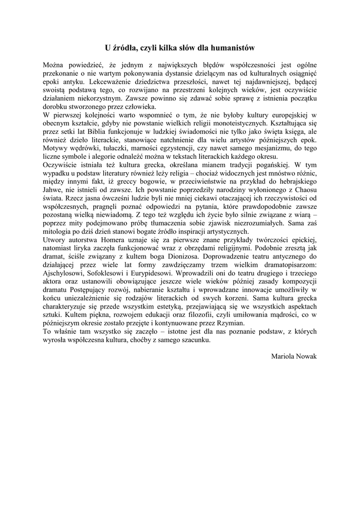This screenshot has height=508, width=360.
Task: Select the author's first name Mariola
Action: (x=283, y=356)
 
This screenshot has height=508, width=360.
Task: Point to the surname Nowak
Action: (x=306, y=356)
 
